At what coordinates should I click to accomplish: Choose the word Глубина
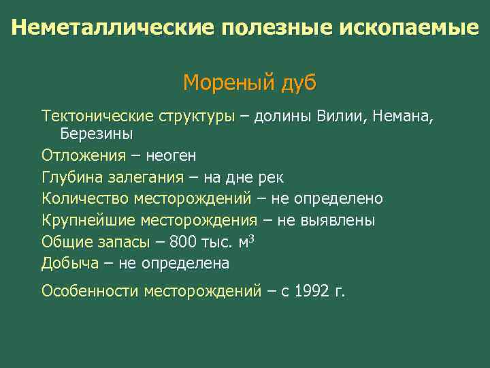pyautogui.click(x=71, y=177)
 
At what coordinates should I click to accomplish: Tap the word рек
pyautogui.click(x=271, y=177)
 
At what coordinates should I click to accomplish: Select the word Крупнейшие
pyautogui.click(x=88, y=221)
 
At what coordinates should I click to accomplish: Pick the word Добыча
pyautogui.click(x=69, y=264)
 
